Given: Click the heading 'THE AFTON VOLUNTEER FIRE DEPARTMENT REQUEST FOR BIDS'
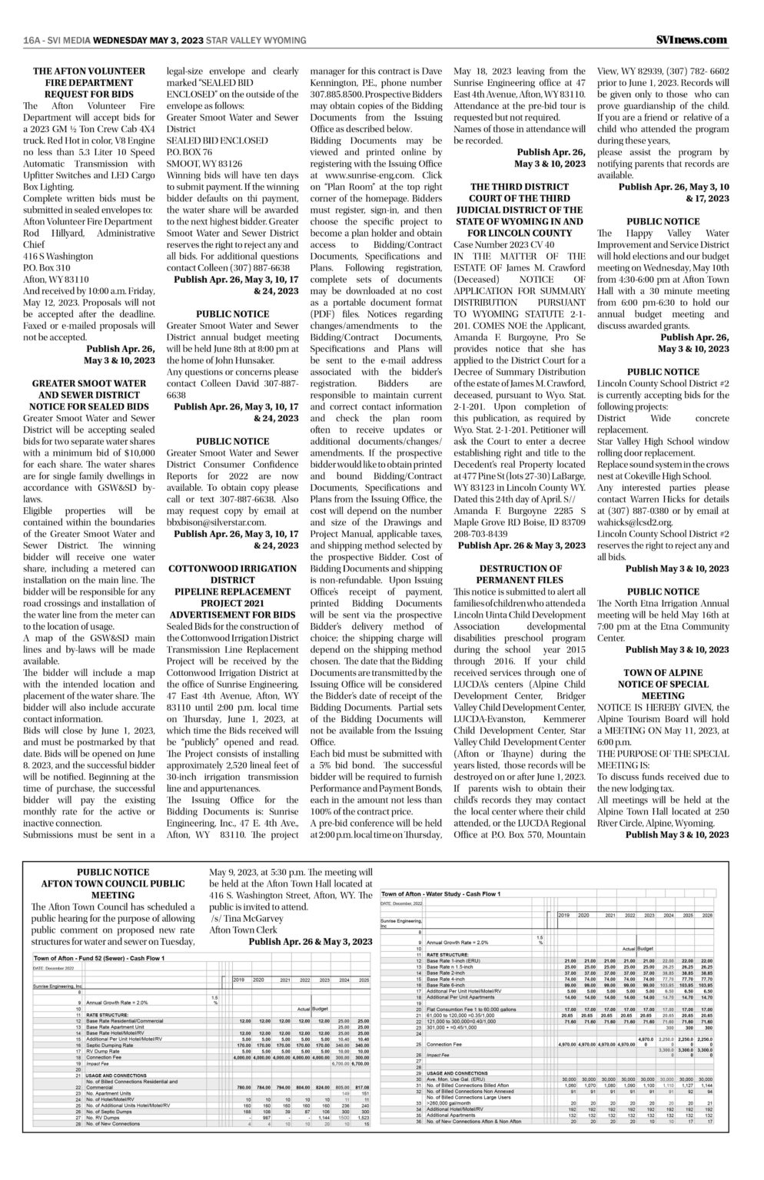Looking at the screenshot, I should coord(89,82).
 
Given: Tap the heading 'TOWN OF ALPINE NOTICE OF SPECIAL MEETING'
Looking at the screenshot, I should coord(663,684).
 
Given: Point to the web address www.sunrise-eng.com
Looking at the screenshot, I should coord(360,175).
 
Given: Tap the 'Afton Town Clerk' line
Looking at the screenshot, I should coord(241,930).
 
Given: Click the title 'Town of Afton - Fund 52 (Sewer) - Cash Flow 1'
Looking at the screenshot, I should coord(98,958).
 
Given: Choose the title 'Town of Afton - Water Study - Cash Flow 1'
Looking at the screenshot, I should coord(440,894).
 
